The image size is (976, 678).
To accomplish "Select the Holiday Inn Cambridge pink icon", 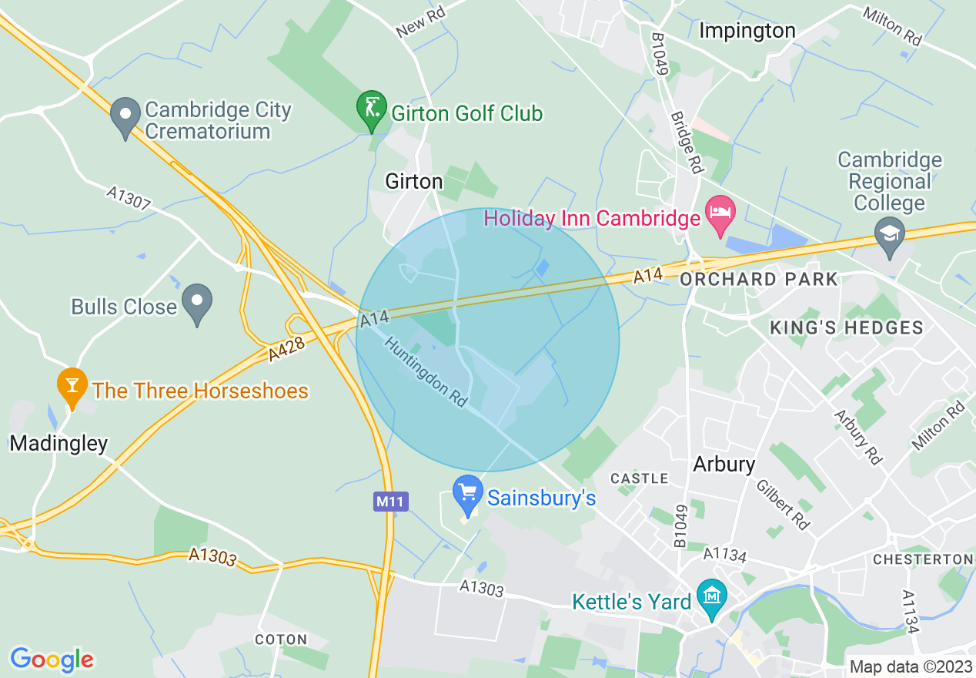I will [720, 216].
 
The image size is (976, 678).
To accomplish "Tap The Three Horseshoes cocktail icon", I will [72, 388].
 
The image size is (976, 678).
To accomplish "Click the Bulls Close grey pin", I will [197, 304].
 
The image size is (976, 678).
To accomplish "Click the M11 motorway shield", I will [391, 502].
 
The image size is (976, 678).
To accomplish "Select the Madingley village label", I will [58, 443].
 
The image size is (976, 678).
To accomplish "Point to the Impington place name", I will [747, 31].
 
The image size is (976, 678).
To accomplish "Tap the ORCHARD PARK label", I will [758, 280].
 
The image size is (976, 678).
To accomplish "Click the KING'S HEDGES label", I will [847, 327].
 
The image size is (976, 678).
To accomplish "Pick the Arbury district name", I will [724, 465].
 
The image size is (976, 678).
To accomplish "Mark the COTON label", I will [281, 639].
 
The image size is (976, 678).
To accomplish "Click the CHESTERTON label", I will [923, 559].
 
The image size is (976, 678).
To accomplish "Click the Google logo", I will [52, 660].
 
